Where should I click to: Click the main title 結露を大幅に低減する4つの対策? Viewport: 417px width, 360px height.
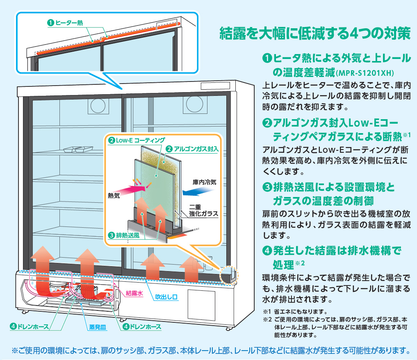pyautogui.click(x=314, y=33)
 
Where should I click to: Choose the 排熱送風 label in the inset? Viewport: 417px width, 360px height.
pyautogui.click(x=128, y=235)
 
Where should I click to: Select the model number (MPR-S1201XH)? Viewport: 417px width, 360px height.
pyautogui.click(x=365, y=73)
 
